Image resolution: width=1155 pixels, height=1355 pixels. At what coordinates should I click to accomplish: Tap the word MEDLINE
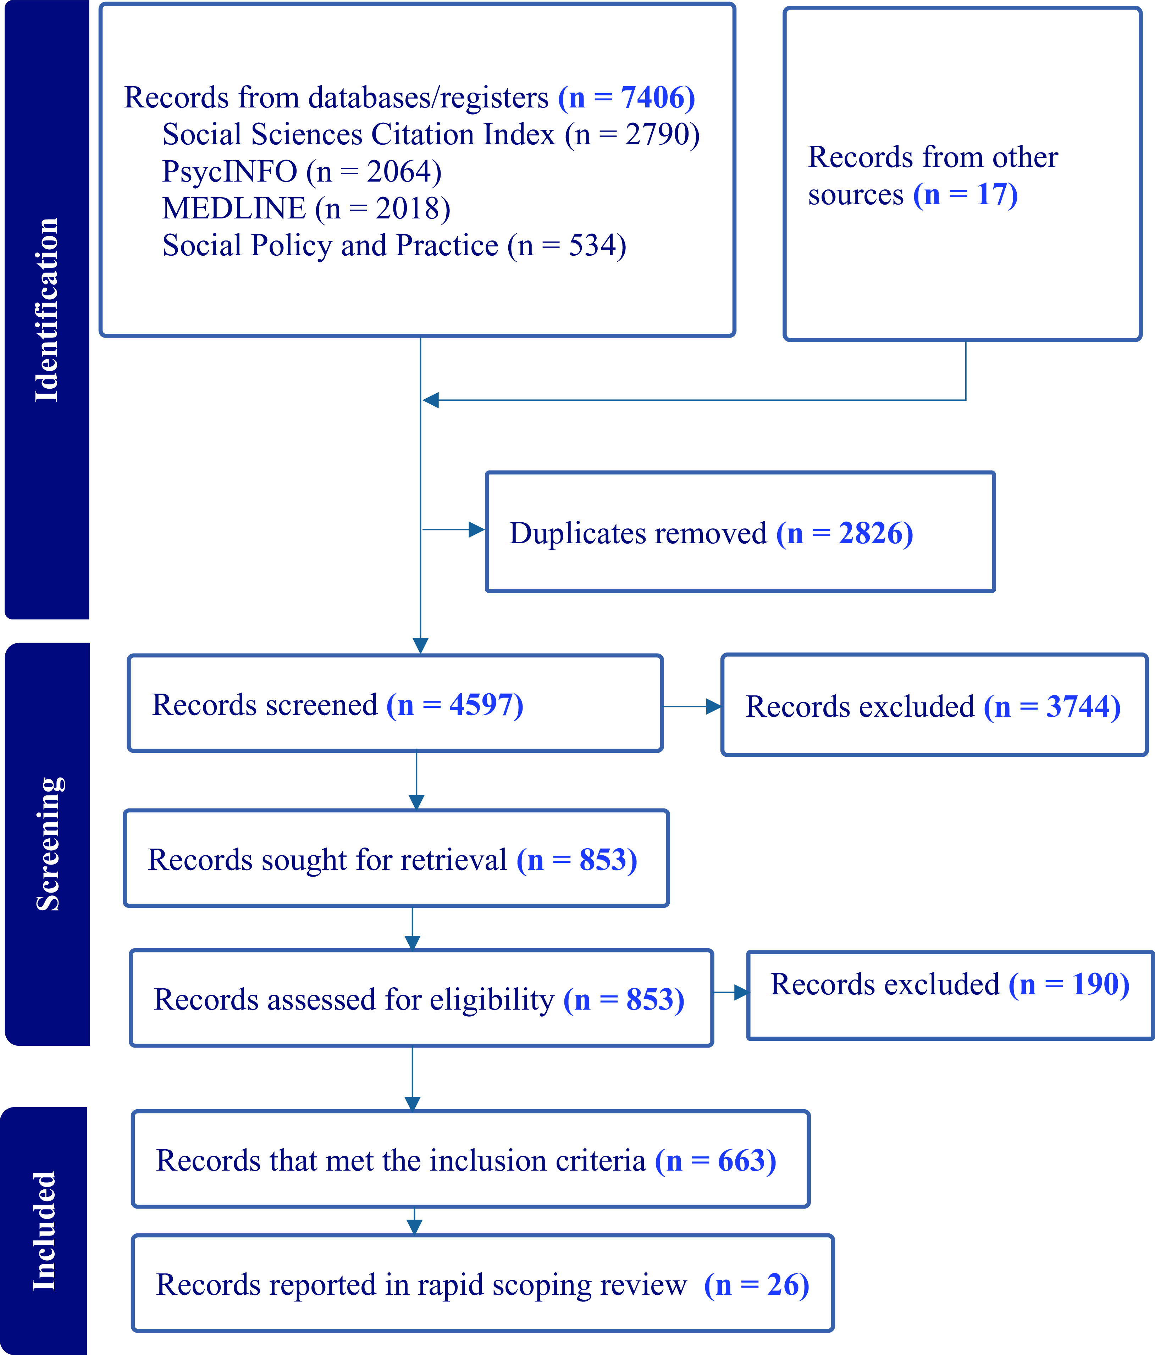[x=233, y=209]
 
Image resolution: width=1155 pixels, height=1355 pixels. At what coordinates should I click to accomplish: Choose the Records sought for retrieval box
[x=396, y=858]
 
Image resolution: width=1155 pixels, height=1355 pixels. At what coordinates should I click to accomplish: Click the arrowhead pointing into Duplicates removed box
[x=477, y=530]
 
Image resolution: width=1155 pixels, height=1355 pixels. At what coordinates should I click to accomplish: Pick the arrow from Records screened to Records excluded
[x=692, y=706]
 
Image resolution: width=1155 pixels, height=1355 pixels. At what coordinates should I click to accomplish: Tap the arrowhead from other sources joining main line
[x=430, y=400]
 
